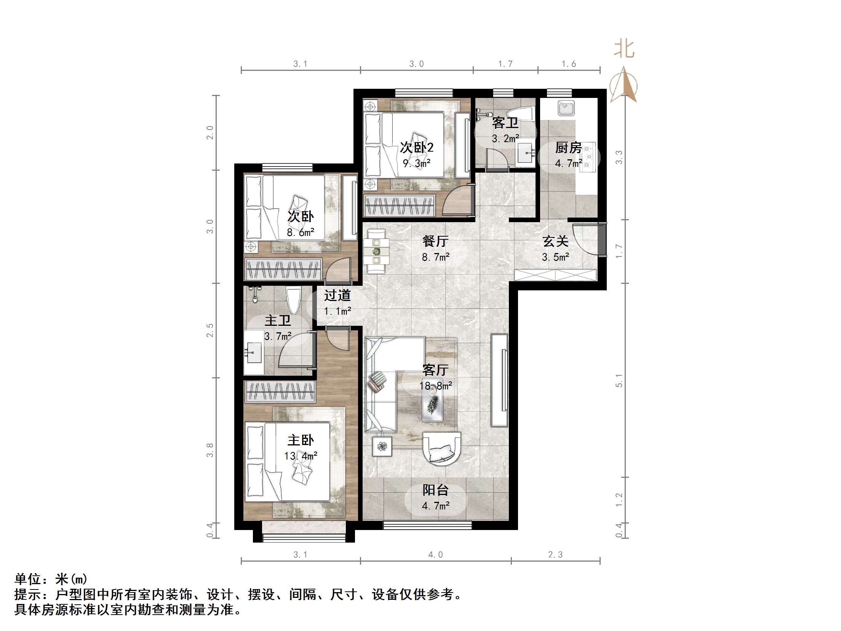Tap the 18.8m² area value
tap(435, 386)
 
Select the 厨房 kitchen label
tap(568, 147)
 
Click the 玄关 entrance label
tap(555, 241)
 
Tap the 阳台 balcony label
tap(435, 490)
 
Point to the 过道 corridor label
tap(337, 295)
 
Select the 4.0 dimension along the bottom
tap(435, 555)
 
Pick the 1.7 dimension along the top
tap(505, 64)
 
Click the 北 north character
tap(624, 49)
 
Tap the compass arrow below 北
tap(624, 86)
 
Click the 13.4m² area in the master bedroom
tap(301, 456)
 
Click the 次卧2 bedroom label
tap(416, 147)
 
